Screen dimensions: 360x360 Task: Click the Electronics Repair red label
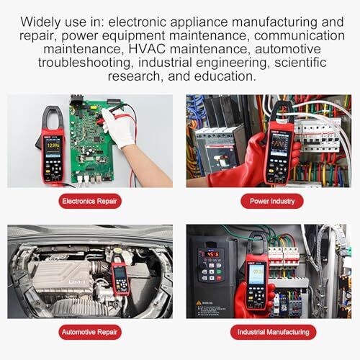(x=90, y=201)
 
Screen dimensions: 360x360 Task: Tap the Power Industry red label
(x=272, y=201)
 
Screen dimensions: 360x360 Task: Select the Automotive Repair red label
(x=90, y=332)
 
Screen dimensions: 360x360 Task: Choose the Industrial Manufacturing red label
(x=274, y=332)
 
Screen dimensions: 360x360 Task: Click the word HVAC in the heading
(x=147, y=49)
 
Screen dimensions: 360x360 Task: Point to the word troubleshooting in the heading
(x=84, y=63)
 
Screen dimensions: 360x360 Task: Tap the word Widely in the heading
(x=40, y=22)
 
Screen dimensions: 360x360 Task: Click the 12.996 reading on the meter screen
(x=53, y=145)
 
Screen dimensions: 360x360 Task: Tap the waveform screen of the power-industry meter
(x=279, y=144)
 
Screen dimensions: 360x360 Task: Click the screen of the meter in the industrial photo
(x=256, y=274)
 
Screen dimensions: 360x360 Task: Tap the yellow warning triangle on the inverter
(x=199, y=303)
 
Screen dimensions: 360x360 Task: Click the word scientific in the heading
(x=300, y=63)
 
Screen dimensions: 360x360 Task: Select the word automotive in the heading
(x=288, y=49)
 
